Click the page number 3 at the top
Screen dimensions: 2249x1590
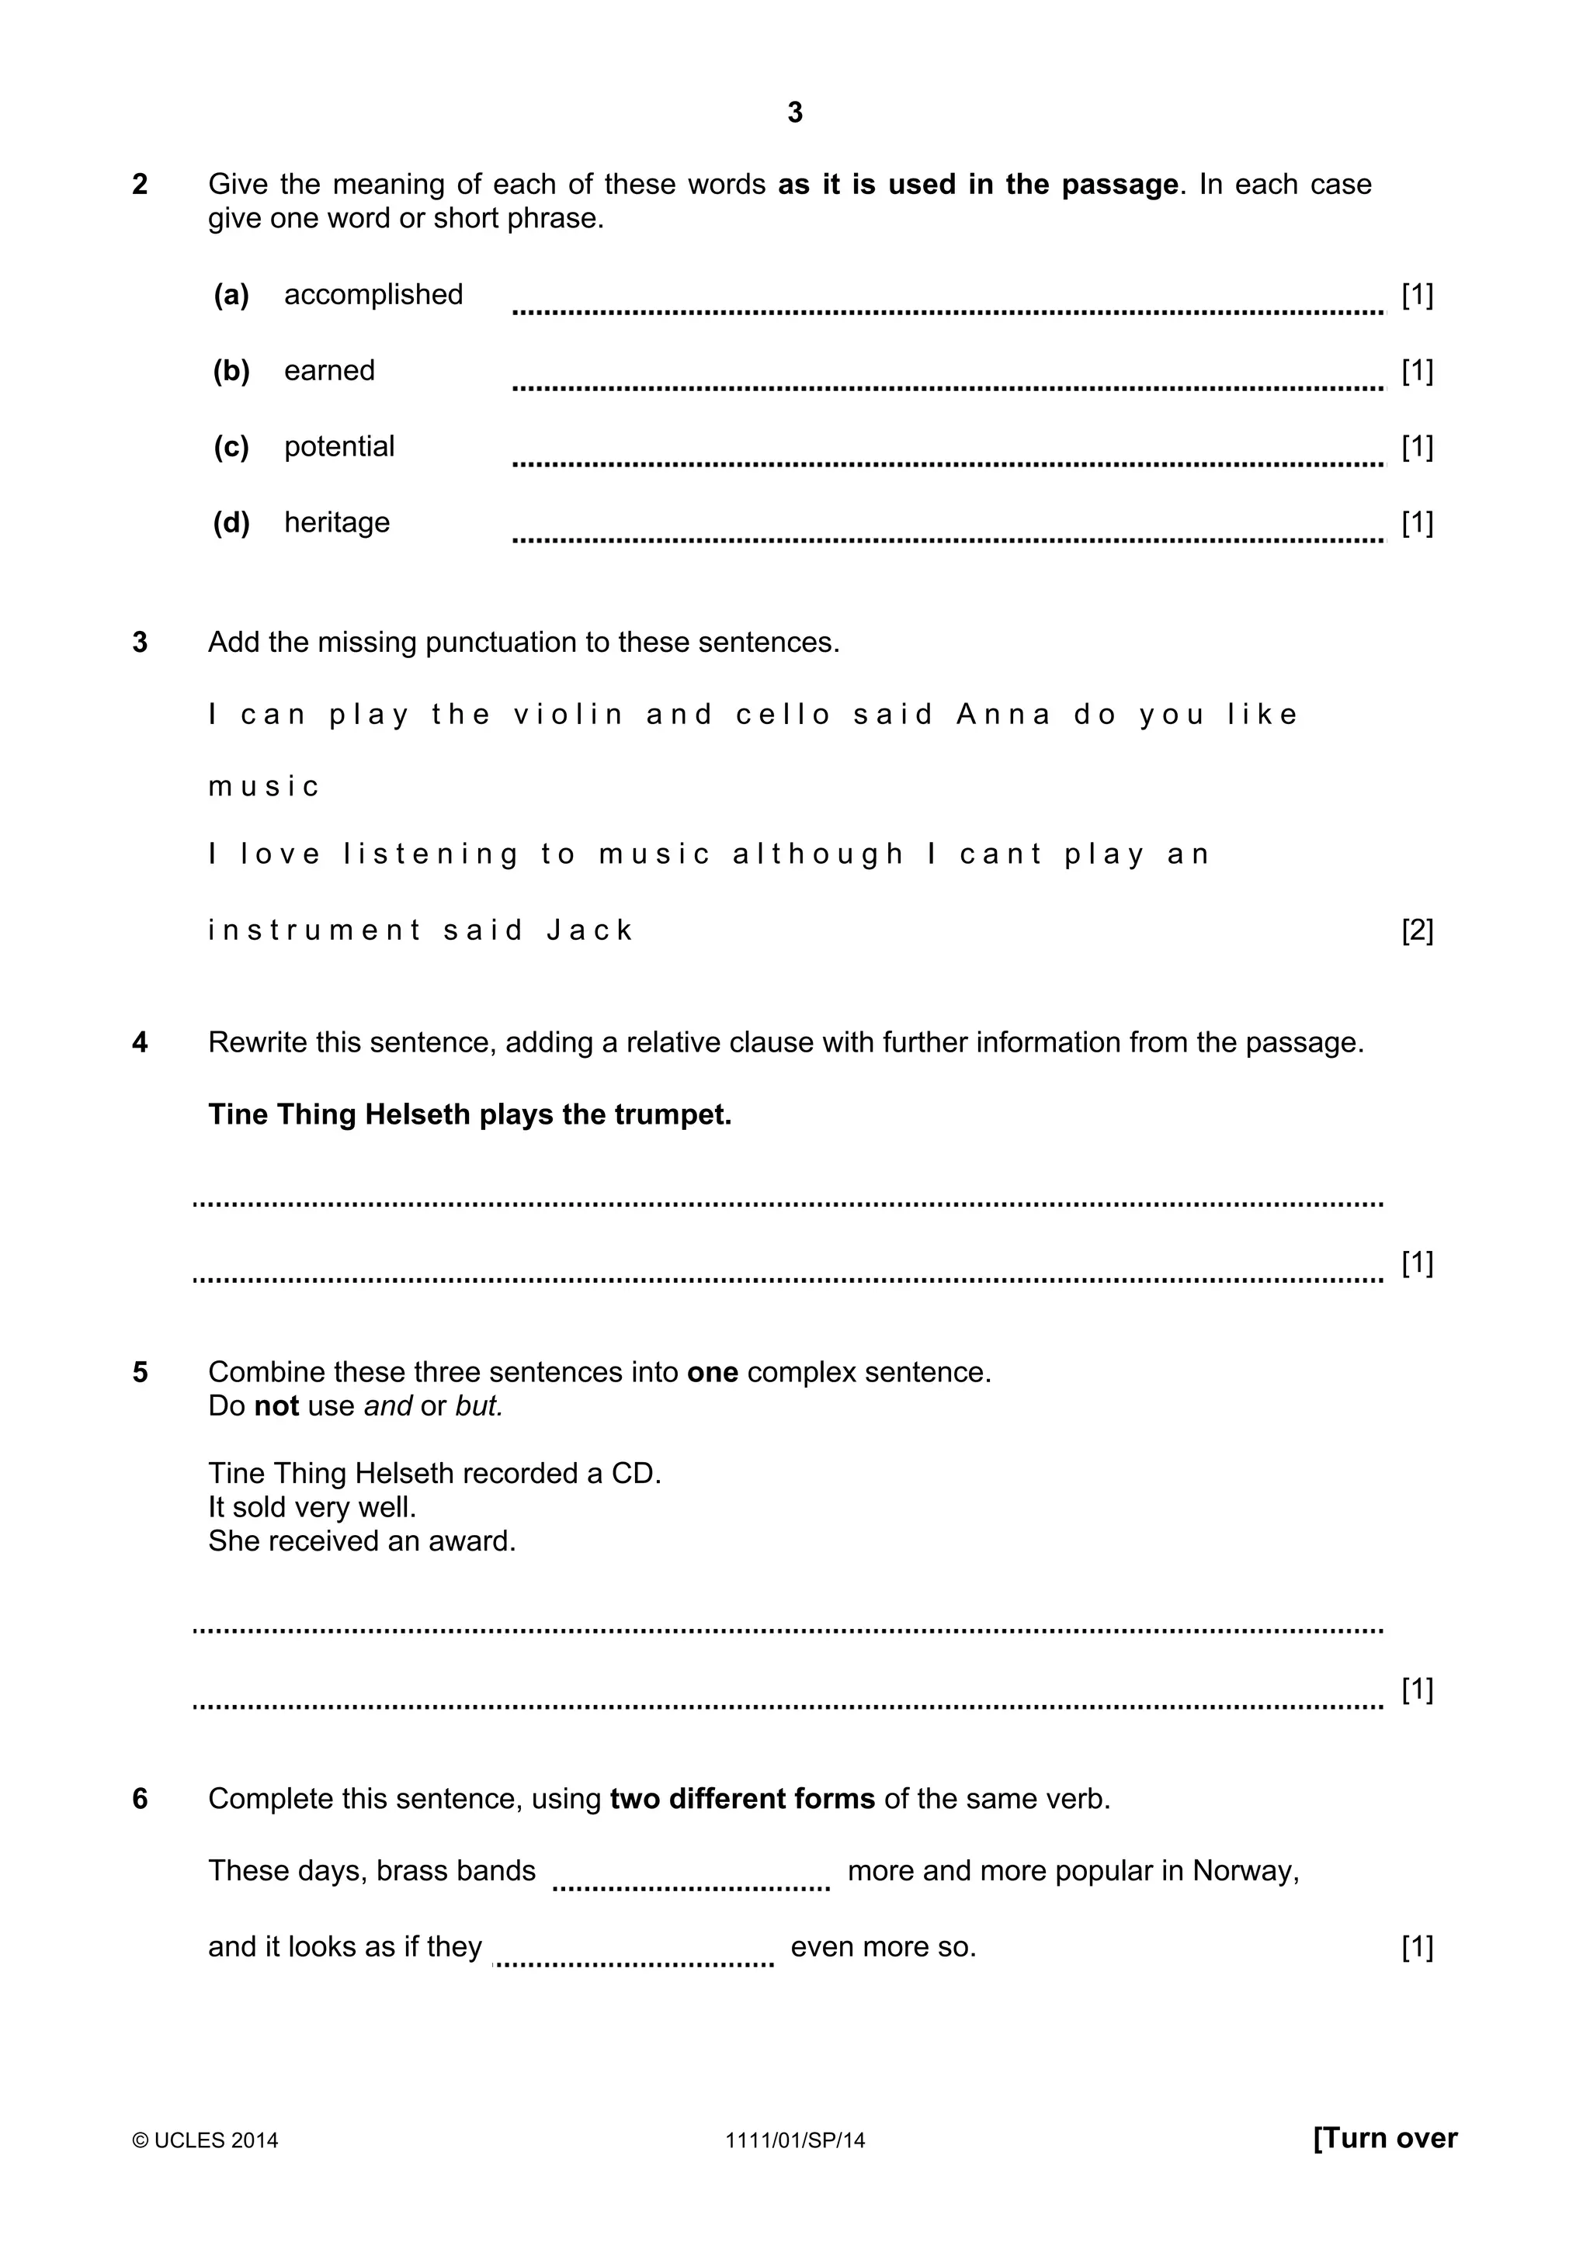tap(794, 113)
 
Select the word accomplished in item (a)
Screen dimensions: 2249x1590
tap(373, 295)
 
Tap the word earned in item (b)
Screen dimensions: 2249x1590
tap(329, 370)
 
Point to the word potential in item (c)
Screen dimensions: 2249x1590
tap(339, 447)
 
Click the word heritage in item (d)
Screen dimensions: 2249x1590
tap(336, 523)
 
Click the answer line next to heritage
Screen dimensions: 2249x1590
tap(947, 538)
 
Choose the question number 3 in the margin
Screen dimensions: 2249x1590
tap(140, 643)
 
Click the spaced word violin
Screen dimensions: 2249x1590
tap(568, 715)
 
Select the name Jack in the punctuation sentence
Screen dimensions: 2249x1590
tap(590, 930)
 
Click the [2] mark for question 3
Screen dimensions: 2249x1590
tap(1417, 930)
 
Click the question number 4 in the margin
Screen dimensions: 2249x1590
tap(140, 1042)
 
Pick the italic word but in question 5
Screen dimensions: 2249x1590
tap(478, 1407)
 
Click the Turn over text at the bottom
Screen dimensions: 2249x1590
tap(1384, 2137)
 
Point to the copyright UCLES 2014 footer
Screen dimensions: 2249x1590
tap(206, 2140)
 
